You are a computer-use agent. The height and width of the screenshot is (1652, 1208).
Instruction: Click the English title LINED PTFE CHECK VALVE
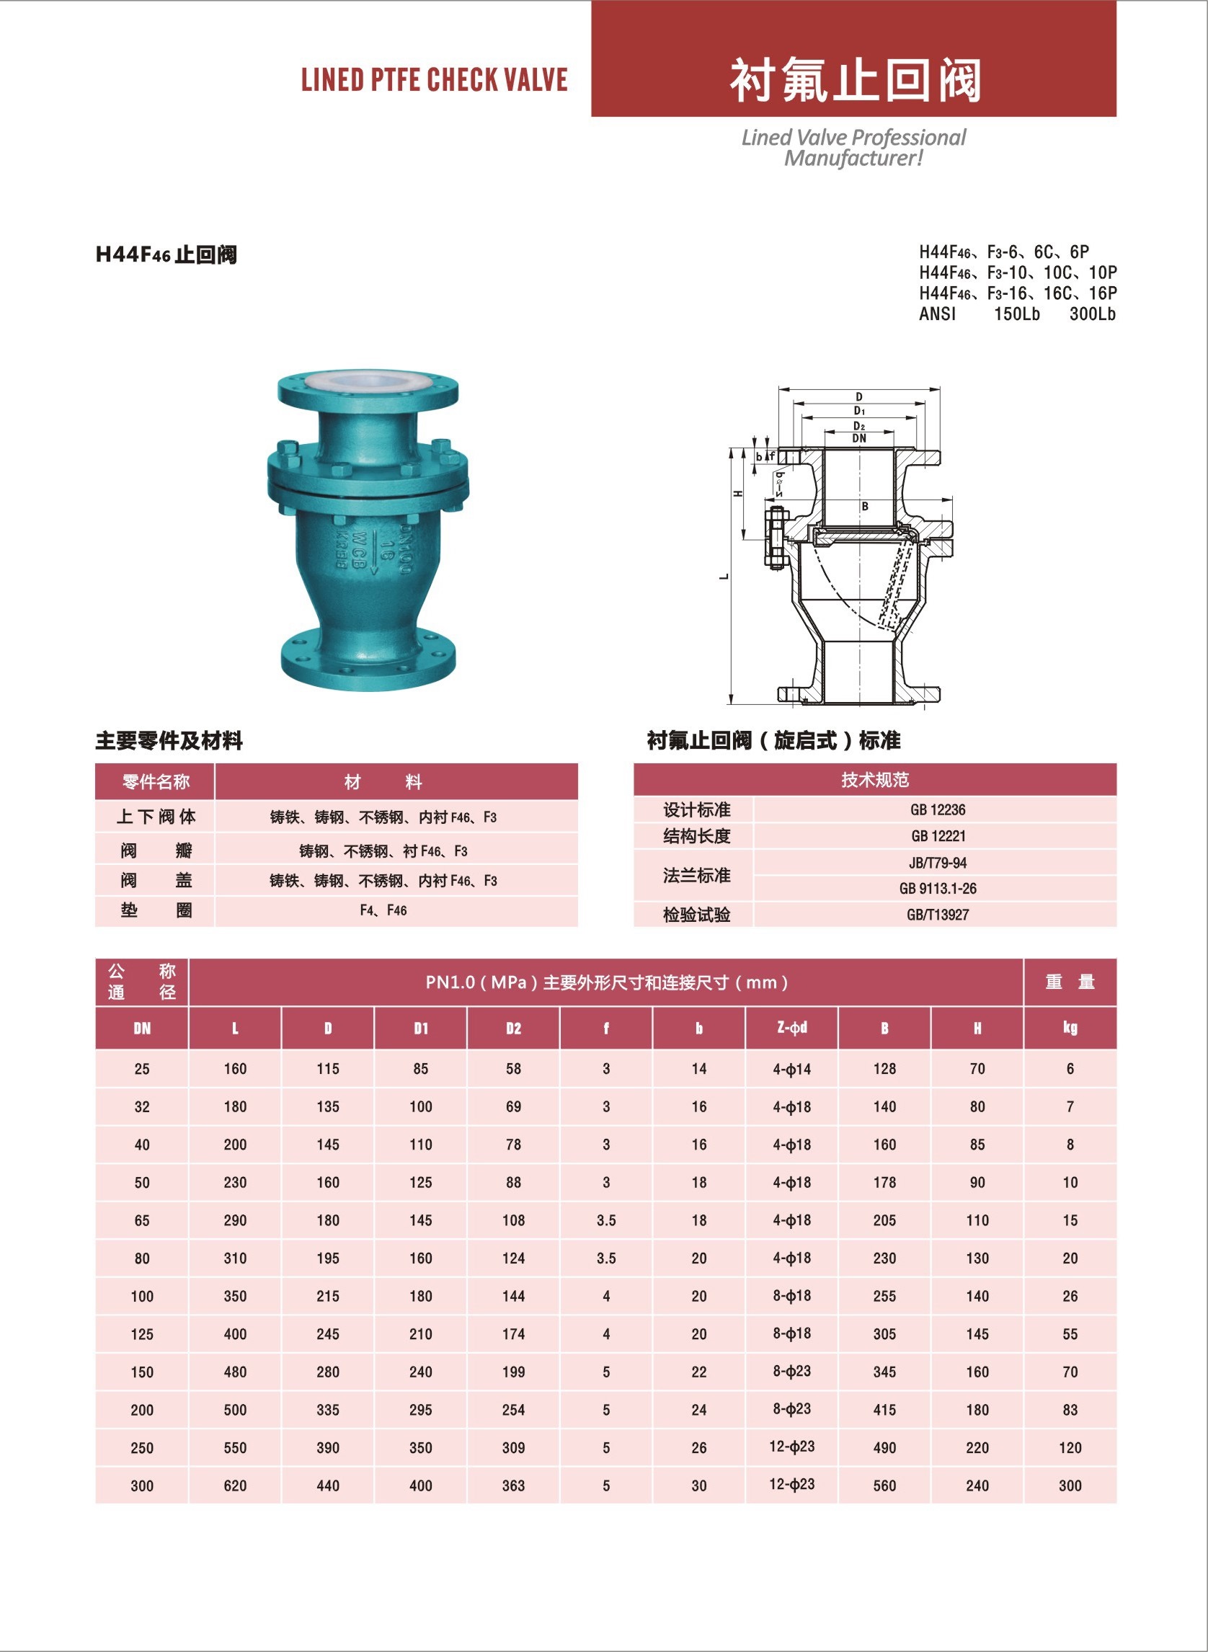tap(435, 80)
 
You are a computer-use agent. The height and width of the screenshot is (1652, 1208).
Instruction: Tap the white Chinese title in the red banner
tap(855, 80)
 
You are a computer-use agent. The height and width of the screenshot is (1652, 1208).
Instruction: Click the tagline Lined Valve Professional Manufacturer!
tap(853, 148)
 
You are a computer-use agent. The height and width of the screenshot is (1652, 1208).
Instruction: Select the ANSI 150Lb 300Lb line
tap(1017, 314)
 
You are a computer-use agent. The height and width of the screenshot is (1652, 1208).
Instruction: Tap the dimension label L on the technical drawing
tap(724, 577)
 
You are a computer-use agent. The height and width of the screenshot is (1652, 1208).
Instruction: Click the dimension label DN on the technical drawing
tap(859, 438)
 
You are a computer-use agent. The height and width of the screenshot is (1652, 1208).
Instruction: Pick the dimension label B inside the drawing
tap(864, 506)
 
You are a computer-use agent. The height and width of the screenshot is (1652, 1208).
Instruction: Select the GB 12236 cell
tap(938, 809)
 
